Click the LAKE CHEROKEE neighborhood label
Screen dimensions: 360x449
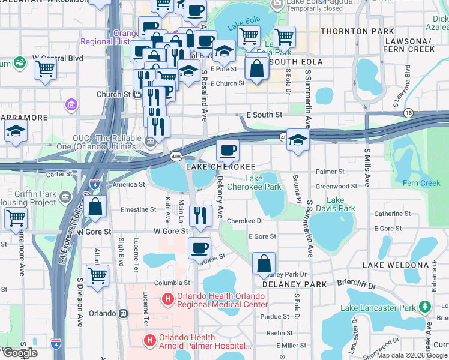pyautogui.click(x=220, y=166)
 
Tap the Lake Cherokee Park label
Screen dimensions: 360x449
pyautogui.click(x=263, y=182)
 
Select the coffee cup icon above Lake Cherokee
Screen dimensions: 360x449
pyautogui.click(x=228, y=149)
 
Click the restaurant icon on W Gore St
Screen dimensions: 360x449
pyautogui.click(x=200, y=215)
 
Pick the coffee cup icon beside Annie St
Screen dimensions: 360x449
pyautogui.click(x=199, y=247)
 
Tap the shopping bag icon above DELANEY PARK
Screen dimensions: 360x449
pyautogui.click(x=264, y=262)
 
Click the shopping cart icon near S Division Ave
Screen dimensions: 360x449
pyautogui.click(x=97, y=276)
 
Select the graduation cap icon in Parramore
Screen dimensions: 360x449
pyautogui.click(x=16, y=132)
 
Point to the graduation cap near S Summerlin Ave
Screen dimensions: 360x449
pyautogui.click(x=297, y=140)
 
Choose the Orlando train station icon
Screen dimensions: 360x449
pyautogui.click(x=124, y=313)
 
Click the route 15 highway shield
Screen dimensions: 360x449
pyautogui.click(x=408, y=113)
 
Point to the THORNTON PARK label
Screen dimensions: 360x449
pyautogui.click(x=357, y=31)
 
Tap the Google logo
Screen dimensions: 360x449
pyautogui.click(x=20, y=353)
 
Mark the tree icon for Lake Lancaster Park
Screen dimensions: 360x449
pyautogui.click(x=425, y=307)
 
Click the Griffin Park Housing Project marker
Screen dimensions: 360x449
pyautogui.click(x=64, y=197)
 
